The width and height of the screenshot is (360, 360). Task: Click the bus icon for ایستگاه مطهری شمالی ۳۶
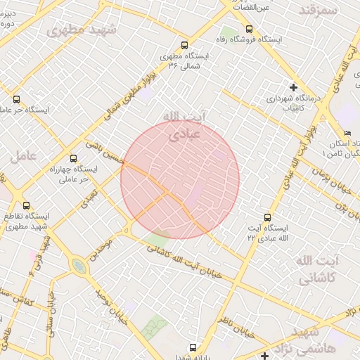[x=184, y=44]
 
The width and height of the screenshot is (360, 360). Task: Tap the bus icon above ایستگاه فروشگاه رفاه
[x=250, y=29]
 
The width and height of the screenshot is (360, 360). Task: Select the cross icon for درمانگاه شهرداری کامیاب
[x=293, y=88]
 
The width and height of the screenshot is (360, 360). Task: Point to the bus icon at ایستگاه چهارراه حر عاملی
[x=74, y=158]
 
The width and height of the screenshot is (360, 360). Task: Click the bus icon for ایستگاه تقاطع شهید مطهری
[x=27, y=205]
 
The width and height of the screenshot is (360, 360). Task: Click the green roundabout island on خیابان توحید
[x=79, y=266]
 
